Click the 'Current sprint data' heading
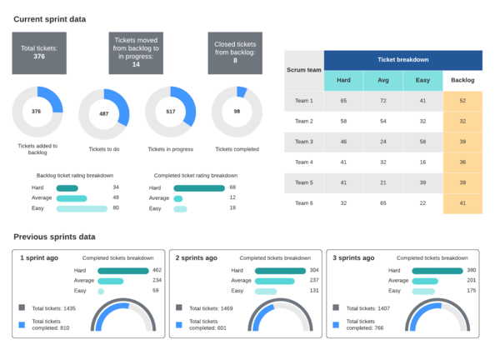49,18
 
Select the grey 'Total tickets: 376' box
39,52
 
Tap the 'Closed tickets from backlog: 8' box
235,52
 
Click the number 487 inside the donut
103,113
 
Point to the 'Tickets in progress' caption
171,149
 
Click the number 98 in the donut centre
237,111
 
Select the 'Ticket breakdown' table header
402,60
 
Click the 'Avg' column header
383,81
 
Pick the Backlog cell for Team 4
462,162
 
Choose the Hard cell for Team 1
343,101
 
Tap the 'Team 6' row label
304,202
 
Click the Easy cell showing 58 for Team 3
422,142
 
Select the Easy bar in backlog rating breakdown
82,207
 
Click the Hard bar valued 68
198,187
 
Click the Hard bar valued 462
122,271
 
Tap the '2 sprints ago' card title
197,258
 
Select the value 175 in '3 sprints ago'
472,291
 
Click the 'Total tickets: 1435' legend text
57,309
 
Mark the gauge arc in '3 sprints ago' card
434,307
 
